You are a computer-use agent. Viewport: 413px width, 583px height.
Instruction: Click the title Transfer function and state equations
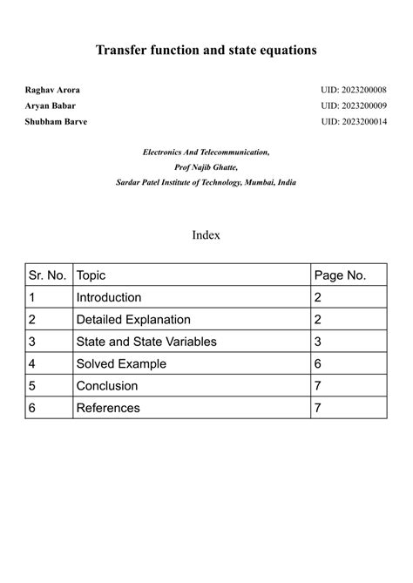pos(206,51)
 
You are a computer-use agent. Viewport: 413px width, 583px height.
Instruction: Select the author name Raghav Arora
pos(52,91)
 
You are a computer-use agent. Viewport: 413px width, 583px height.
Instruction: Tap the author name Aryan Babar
pos(51,105)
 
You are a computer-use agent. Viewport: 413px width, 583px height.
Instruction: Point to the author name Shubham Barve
pos(56,121)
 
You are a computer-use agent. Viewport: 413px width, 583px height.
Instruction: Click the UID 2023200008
pos(354,91)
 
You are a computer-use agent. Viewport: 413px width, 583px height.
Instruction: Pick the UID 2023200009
pos(354,105)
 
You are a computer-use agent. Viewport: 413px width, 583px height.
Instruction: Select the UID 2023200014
pos(354,121)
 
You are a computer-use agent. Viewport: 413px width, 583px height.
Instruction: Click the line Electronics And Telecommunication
pos(206,153)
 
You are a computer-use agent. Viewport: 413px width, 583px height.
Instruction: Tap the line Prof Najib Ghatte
pos(206,167)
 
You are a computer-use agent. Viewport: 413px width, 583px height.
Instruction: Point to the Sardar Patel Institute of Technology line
pos(206,182)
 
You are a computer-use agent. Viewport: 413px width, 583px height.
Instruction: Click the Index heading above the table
pos(206,235)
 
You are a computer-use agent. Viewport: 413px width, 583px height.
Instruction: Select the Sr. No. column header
pos(48,275)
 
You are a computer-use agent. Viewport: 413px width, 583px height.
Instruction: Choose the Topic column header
pos(91,275)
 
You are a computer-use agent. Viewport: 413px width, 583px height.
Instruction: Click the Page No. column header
pos(340,275)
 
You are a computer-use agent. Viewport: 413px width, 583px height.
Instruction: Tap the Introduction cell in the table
pos(109,297)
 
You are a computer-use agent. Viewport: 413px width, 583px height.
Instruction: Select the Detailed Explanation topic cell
pos(133,320)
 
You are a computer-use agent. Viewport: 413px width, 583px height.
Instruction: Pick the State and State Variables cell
pos(146,342)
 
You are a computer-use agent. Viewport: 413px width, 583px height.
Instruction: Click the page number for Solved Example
pos(318,363)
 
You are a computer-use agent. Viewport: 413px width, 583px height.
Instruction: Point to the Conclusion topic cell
pos(107,385)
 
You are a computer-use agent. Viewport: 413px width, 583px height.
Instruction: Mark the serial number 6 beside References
pos(32,408)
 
